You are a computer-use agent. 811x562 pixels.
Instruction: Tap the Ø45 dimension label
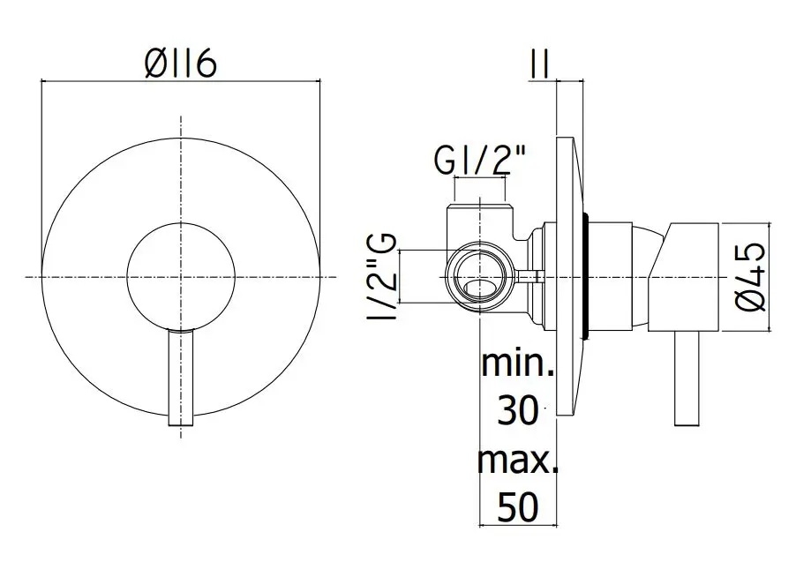[750, 277]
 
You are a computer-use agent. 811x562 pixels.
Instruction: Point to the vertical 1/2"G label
[382, 277]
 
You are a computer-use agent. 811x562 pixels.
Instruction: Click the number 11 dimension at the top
[539, 64]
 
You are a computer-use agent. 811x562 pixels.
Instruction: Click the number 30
[517, 411]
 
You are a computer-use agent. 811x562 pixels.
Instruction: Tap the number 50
[518, 507]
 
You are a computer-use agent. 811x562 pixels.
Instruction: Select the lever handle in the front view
[181, 378]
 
